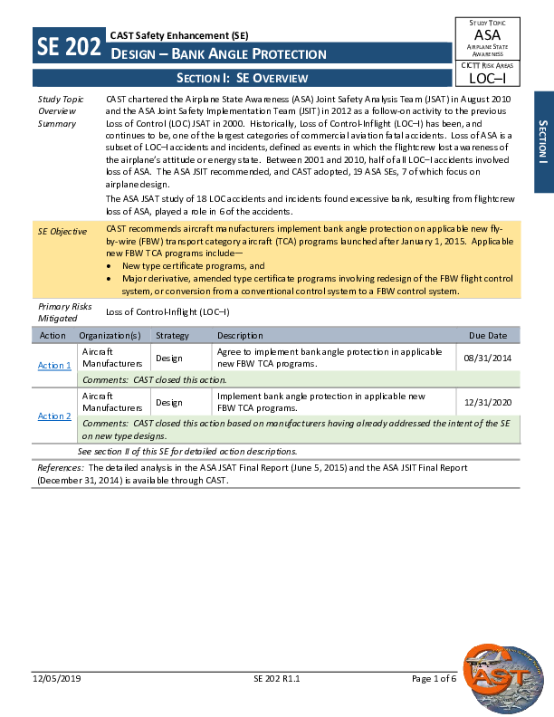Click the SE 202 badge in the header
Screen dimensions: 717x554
point(69,47)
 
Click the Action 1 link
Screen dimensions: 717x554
point(54,365)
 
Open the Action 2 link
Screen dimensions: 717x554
point(54,416)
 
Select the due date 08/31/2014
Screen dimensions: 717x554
point(487,358)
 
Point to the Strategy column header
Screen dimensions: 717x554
point(172,335)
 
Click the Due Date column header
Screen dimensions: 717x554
point(488,335)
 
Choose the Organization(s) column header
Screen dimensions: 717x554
point(116,335)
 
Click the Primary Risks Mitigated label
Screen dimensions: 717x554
point(64,312)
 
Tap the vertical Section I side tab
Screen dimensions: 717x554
point(541,141)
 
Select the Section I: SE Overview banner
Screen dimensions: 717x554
point(242,78)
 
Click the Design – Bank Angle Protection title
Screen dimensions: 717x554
point(218,54)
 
